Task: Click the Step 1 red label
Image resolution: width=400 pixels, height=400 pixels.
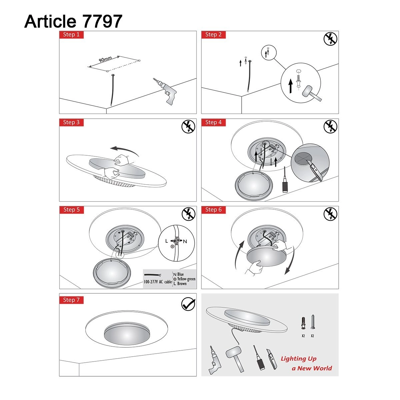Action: click(71, 35)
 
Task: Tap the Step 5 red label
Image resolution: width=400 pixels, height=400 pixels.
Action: click(71, 210)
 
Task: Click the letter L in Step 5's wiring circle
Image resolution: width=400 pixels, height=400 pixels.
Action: click(167, 241)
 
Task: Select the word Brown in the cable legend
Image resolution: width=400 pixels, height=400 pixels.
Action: click(182, 284)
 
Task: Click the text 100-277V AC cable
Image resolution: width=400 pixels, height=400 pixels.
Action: click(158, 282)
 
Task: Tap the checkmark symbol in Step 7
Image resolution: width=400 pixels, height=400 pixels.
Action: click(188, 304)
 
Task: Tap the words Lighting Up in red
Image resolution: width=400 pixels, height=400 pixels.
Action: click(298, 359)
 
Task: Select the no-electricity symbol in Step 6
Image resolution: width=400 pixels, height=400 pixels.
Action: click(330, 214)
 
